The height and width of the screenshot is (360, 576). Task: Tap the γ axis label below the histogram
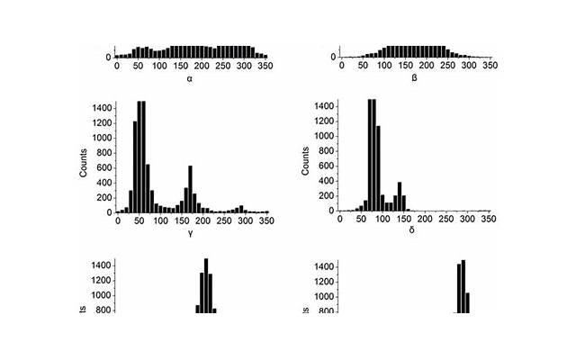pyautogui.click(x=191, y=233)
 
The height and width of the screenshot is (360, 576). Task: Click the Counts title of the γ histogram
pyautogui.click(x=84, y=158)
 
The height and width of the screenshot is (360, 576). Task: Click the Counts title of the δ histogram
pyautogui.click(x=305, y=158)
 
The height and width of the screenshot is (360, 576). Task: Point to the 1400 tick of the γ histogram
pyautogui.click(x=101, y=108)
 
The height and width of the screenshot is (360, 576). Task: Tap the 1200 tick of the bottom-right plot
pyautogui.click(x=323, y=281)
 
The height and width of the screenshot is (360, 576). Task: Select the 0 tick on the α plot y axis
pyautogui.click(x=109, y=58)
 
